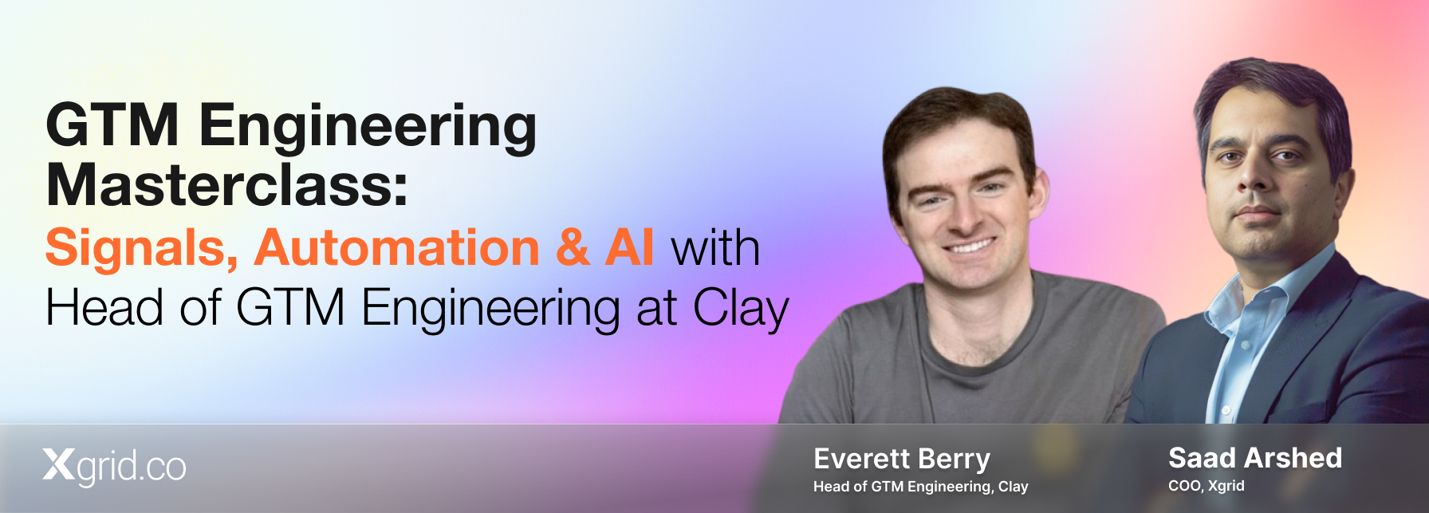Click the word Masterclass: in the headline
tap(227, 185)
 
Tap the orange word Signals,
tap(141, 248)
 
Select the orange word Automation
tap(397, 247)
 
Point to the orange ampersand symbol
tap(573, 247)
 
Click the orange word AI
tap(630, 247)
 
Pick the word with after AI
tap(715, 248)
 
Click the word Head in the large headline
tap(104, 308)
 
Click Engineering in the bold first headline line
tap(368, 128)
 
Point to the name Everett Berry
tap(902, 459)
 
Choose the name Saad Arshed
tap(1255, 458)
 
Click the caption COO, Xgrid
tap(1206, 486)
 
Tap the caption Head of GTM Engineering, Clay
tap(921, 487)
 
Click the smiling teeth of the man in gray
tap(970, 246)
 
